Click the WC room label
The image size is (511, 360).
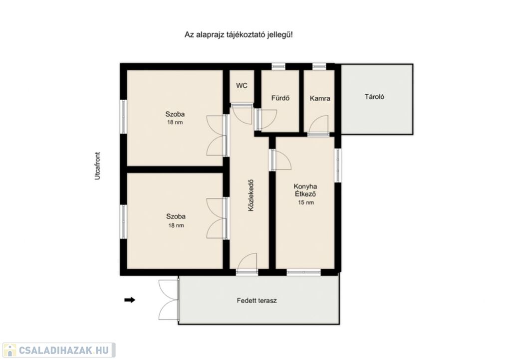pos(242,86)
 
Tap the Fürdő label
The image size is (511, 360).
pos(280,98)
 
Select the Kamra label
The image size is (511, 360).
pos(320,98)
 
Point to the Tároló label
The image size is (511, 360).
pos(374,97)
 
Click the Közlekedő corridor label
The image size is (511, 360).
pos(251,195)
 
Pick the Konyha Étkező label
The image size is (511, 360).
pos(305,190)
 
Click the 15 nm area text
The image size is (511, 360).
pos(306,202)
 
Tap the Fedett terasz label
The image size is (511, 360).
pos(257,301)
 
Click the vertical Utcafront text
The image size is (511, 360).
pos(97,166)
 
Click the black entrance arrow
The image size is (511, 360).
pos(130,300)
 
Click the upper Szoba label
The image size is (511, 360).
pos(175,114)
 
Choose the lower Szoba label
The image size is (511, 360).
pos(176,216)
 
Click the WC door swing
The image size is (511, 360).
pos(242,113)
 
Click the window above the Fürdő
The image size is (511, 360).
pos(278,66)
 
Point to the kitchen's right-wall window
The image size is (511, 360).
pos(338,165)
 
